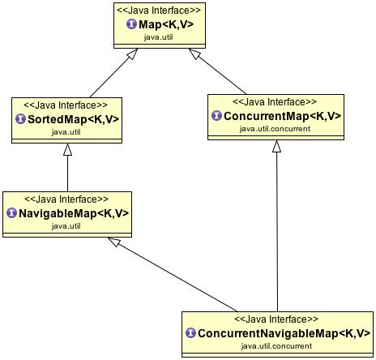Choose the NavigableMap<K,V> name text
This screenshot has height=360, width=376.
coord(74,213)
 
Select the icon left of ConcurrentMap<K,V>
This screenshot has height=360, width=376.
coord(216,116)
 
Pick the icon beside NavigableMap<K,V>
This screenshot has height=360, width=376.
coord(12,213)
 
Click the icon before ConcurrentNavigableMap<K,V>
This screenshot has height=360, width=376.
coord(190,333)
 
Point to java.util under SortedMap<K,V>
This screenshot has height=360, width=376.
coord(66,131)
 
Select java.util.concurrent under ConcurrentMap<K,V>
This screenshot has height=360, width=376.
coord(276,128)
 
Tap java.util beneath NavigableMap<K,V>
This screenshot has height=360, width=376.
coord(66,225)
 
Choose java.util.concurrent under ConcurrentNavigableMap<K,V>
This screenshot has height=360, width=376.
coord(276,346)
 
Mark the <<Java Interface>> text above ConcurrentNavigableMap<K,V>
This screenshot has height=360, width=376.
coord(276,319)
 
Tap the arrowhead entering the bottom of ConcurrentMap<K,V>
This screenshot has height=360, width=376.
coord(277,147)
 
